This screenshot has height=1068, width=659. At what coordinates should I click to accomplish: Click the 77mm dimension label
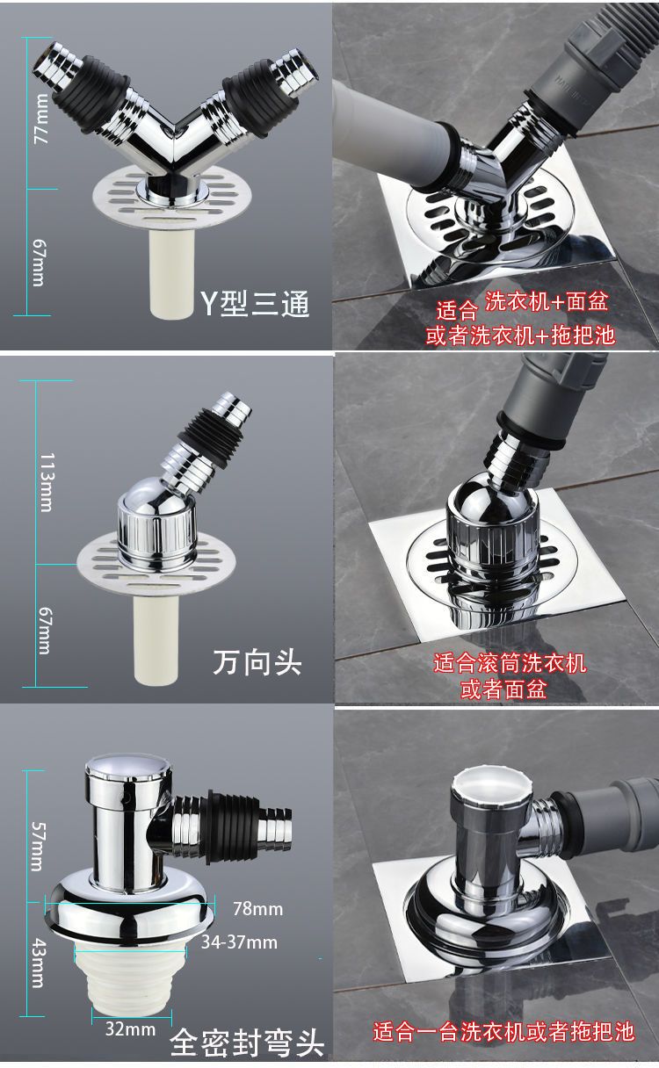(x=41, y=119)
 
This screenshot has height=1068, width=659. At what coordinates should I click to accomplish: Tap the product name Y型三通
(x=255, y=303)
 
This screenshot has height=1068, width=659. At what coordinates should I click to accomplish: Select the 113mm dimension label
(x=47, y=482)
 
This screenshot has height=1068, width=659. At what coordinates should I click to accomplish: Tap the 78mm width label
(x=257, y=908)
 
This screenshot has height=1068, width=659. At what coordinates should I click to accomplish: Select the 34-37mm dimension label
(x=239, y=942)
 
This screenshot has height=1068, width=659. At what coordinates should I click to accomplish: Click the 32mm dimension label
(x=130, y=1015)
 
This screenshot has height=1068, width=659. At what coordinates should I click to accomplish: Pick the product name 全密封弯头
(x=247, y=1043)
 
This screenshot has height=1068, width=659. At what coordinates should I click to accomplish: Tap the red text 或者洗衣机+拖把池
(x=520, y=336)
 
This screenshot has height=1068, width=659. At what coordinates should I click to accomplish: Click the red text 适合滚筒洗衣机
(x=510, y=663)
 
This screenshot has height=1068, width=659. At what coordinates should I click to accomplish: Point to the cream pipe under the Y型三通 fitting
(x=170, y=275)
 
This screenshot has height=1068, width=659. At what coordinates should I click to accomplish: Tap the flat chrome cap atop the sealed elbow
(x=127, y=767)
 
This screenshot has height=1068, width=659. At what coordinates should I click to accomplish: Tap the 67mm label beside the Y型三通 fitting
(x=39, y=263)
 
